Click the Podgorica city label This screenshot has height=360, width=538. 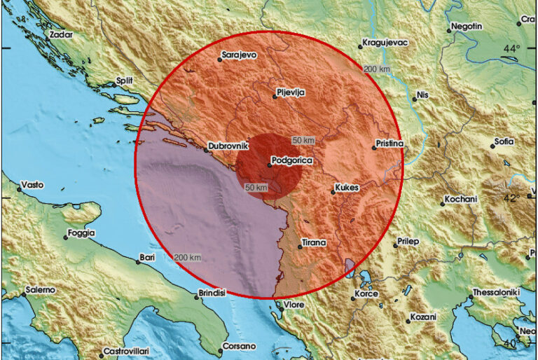click(x=292, y=161)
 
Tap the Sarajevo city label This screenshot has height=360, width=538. click(x=239, y=53)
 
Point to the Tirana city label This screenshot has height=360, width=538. click(x=314, y=242)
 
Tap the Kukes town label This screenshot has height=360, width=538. click(x=347, y=190)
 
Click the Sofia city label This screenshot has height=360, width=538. click(x=504, y=141)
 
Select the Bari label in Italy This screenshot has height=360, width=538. click(x=147, y=257)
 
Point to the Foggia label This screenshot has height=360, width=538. click(x=81, y=233)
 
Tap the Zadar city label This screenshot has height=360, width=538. click(x=61, y=32)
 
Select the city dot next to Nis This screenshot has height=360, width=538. click(x=414, y=99)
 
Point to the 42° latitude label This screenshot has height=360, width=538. click(x=511, y=198)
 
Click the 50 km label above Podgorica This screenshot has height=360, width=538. click(x=303, y=141)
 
